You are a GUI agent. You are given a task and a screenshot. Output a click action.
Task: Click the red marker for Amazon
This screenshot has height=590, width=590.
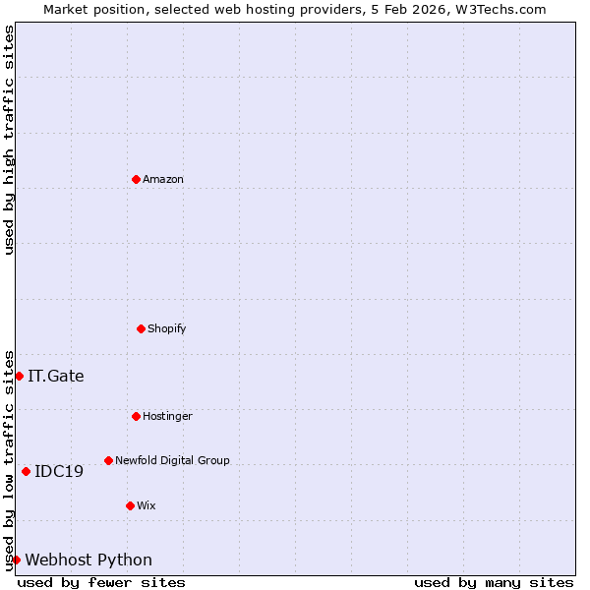(x=136, y=179)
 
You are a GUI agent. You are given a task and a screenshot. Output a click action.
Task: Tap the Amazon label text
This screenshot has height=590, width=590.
(x=163, y=180)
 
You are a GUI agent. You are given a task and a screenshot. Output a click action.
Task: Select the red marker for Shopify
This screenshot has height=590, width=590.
(x=141, y=328)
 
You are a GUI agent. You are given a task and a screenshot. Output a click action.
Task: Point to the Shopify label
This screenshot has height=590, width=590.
(x=167, y=329)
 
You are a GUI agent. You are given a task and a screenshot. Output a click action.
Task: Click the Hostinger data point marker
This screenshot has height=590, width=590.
(x=136, y=416)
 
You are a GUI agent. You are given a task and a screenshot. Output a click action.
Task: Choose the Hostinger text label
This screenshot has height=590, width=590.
(x=167, y=417)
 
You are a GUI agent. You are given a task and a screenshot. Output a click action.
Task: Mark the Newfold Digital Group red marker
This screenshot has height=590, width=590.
(x=108, y=460)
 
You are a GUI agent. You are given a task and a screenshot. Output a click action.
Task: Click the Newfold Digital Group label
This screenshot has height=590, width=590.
(x=172, y=461)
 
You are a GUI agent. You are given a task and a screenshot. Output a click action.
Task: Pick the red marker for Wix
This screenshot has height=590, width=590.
(x=130, y=505)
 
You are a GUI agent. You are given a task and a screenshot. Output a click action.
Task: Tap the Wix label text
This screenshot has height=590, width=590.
(x=147, y=506)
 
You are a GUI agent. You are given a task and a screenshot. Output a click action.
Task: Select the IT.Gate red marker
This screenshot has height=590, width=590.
(x=19, y=376)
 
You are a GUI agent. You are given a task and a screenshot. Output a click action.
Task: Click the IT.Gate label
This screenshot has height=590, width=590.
(x=56, y=377)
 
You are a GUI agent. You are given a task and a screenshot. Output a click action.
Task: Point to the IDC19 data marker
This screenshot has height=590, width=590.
(x=26, y=471)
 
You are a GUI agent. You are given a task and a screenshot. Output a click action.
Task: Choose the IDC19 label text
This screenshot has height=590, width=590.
(x=59, y=472)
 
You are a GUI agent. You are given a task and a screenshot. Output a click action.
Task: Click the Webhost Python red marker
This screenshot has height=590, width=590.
(x=16, y=560)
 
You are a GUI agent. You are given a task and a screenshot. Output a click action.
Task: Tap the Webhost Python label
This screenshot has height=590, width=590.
(x=88, y=560)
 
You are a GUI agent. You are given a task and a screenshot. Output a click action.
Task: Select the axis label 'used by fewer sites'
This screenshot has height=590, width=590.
(x=101, y=583)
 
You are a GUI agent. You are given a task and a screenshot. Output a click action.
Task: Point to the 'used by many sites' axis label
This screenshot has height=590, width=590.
(x=494, y=583)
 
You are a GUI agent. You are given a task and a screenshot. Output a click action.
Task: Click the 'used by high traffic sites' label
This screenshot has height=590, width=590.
(x=9, y=140)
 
